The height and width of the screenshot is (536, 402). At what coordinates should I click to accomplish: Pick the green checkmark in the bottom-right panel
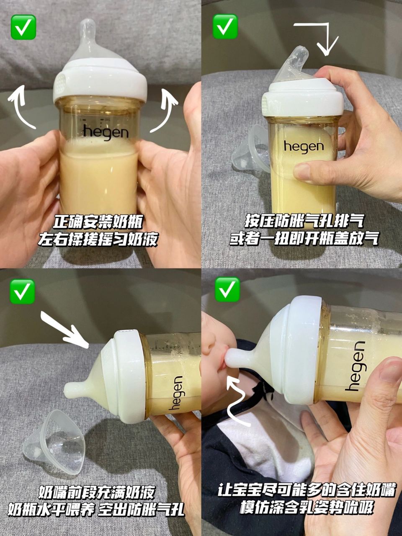227,289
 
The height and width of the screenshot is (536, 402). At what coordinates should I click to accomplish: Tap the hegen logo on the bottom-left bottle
177,393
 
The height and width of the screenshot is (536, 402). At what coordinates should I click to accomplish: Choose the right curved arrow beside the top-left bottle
165,111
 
